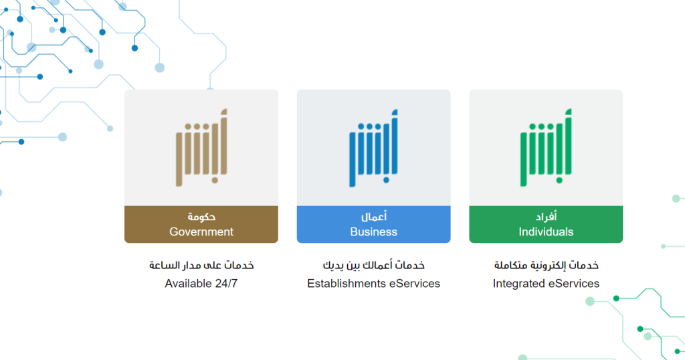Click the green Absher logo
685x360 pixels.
(x=546, y=147)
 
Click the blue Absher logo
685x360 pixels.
(x=373, y=147)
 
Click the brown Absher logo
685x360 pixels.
(x=201, y=147)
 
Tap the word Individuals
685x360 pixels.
(x=546, y=232)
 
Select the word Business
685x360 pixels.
(x=373, y=232)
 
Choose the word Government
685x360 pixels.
(x=201, y=232)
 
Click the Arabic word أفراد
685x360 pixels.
(x=547, y=217)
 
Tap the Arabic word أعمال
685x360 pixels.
(x=374, y=217)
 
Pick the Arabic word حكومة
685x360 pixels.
(x=201, y=217)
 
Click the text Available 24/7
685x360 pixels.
(x=201, y=284)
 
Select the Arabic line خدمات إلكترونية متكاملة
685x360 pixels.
(x=546, y=266)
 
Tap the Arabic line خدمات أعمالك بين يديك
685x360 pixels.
(x=373, y=266)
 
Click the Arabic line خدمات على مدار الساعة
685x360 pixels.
(x=201, y=266)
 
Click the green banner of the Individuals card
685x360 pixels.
(x=602, y=224)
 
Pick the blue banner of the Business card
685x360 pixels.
(x=428, y=224)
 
